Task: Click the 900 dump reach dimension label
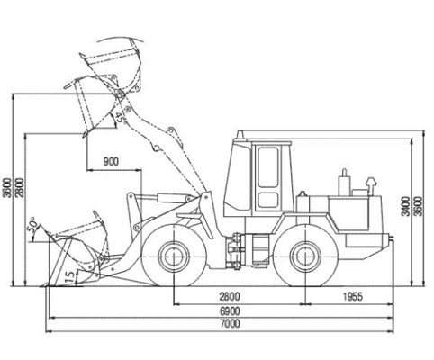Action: coord(111,162)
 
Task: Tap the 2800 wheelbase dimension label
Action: coord(230,296)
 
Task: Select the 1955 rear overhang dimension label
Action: coord(353,296)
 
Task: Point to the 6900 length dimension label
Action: coord(230,310)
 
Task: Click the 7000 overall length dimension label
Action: coord(230,324)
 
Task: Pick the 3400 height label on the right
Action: coord(406,206)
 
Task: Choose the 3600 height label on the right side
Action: coord(419,206)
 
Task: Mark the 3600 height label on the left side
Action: coord(7,188)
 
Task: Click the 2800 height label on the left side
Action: coord(20,188)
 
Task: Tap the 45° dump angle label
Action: coord(120,117)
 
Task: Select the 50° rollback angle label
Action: coord(32,225)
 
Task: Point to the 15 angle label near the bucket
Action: coord(69,276)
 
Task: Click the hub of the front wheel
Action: coord(174,256)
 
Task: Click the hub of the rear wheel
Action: coord(305,256)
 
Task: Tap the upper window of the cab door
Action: coord(267,167)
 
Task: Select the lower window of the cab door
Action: coord(267,200)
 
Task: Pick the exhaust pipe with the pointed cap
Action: coord(371,186)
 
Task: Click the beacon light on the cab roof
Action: coord(240,135)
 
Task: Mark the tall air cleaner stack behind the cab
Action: coord(344,183)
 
